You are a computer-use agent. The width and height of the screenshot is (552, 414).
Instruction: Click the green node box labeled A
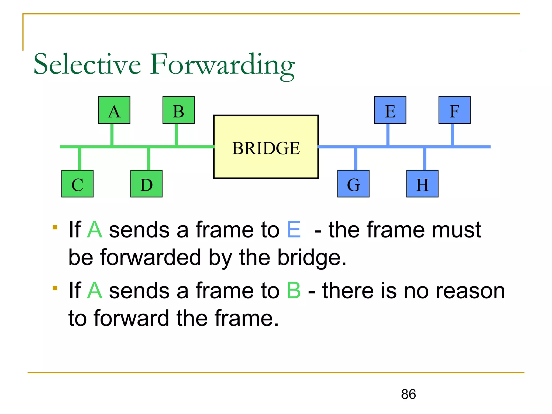[x=114, y=110]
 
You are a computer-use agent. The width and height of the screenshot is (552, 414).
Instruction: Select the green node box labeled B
[x=178, y=110]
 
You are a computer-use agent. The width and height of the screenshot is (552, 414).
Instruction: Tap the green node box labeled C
[x=77, y=184]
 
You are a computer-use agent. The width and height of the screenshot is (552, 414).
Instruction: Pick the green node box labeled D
[x=146, y=184]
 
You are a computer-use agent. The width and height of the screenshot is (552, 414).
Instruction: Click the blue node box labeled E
[x=390, y=110]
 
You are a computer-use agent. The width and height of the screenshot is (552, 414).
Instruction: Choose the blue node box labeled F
[x=454, y=110]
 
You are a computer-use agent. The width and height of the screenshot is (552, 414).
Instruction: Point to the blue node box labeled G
[x=353, y=184]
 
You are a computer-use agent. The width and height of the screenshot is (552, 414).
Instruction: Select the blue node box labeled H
[x=422, y=184]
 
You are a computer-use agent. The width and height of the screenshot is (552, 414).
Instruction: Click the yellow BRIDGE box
[x=266, y=147]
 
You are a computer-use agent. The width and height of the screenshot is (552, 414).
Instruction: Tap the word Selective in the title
[x=87, y=65]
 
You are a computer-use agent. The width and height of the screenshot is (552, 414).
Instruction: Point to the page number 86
[x=408, y=394]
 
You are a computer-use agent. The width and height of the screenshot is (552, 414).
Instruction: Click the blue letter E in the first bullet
[x=294, y=230]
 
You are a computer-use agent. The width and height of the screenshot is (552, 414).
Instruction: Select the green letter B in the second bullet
[x=294, y=291]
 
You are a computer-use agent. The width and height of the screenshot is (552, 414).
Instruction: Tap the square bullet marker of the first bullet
[x=55, y=227]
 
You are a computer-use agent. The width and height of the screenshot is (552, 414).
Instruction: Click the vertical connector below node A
[x=112, y=134]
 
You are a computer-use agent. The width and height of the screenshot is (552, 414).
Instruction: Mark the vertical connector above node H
[x=425, y=159]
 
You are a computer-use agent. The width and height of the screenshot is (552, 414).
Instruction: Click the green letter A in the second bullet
[x=95, y=291]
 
